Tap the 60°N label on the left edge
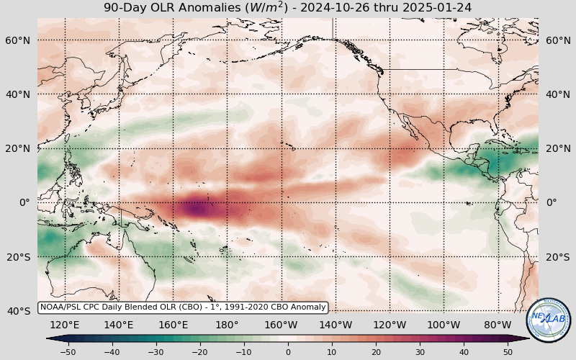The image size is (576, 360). pos(18,40)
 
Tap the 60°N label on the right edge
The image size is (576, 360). pos(558,40)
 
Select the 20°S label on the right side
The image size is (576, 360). pos(558,257)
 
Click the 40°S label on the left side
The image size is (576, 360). pos(18,311)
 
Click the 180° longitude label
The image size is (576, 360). pos(227,324)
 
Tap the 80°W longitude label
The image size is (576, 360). pos(498,324)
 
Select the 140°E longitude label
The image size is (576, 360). pos(119,324)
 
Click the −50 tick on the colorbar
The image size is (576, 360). pos(68,351)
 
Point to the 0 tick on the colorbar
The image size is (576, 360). pos(288,351)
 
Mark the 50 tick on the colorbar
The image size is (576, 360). pos(508,351)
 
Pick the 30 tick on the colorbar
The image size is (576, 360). pos(420,351)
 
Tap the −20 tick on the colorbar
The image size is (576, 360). pos(200,351)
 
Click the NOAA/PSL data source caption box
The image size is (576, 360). pos(183,307)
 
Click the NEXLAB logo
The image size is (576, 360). pos(549,320)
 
